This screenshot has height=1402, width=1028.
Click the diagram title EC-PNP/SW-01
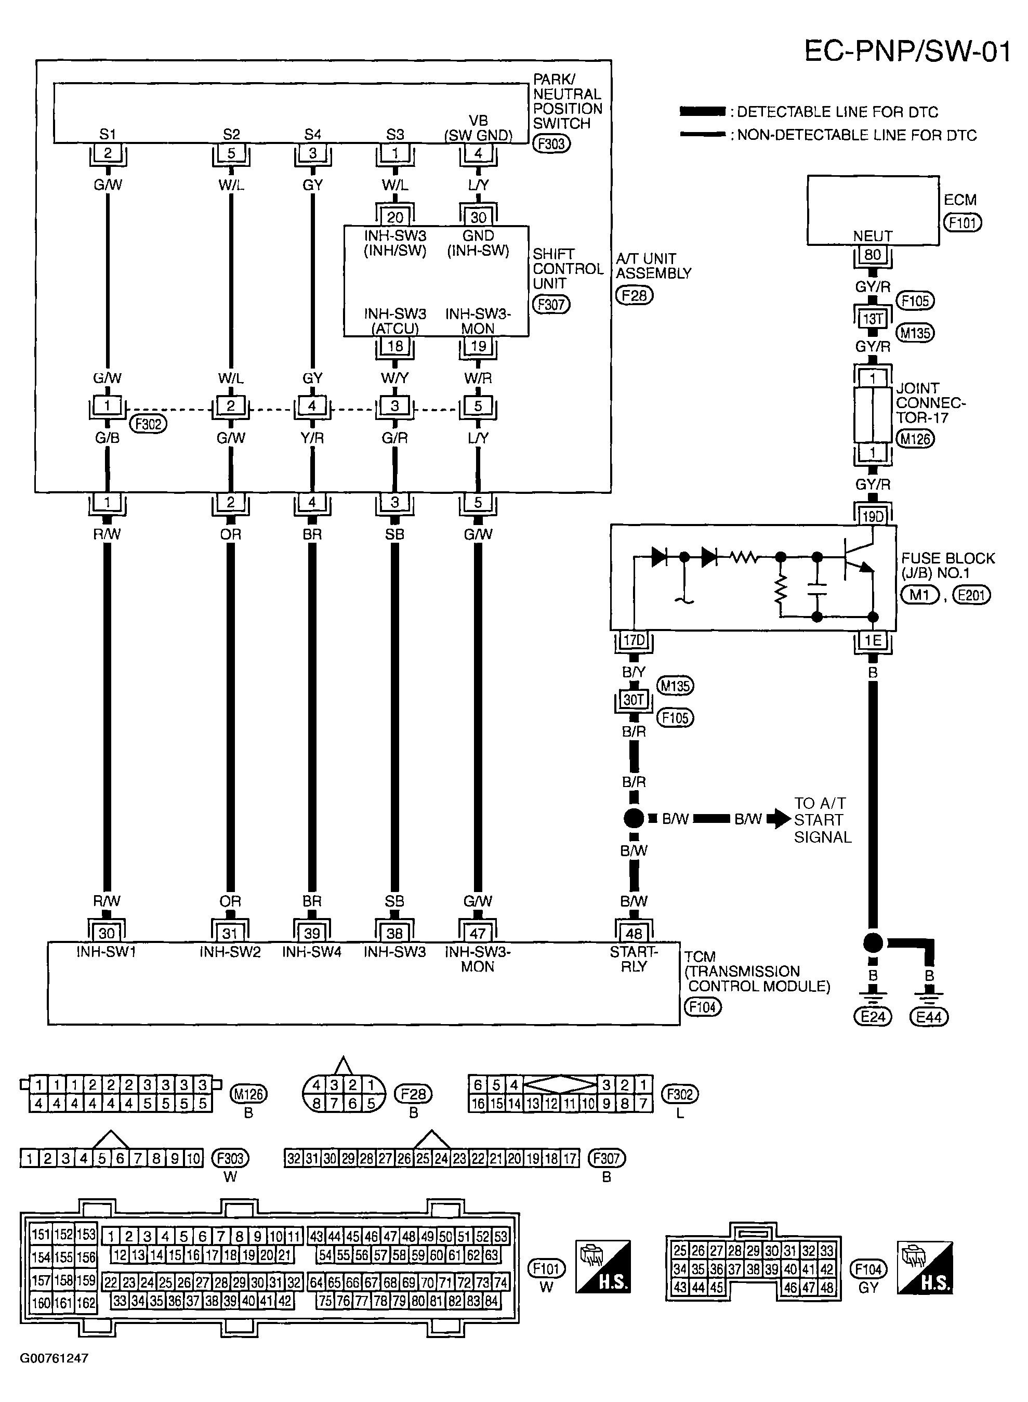907,51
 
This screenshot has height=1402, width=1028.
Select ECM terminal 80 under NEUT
873,255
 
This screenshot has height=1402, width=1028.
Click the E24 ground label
873,1017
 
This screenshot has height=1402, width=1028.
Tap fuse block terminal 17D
634,640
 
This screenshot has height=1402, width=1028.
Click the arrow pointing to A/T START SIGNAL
779,819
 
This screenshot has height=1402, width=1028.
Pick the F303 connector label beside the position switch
551,144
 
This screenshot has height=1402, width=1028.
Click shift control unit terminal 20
395,217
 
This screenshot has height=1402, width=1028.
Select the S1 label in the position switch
108,135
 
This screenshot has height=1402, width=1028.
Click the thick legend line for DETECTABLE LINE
703,112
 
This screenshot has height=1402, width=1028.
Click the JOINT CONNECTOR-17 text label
930,403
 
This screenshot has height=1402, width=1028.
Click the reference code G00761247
54,1358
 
